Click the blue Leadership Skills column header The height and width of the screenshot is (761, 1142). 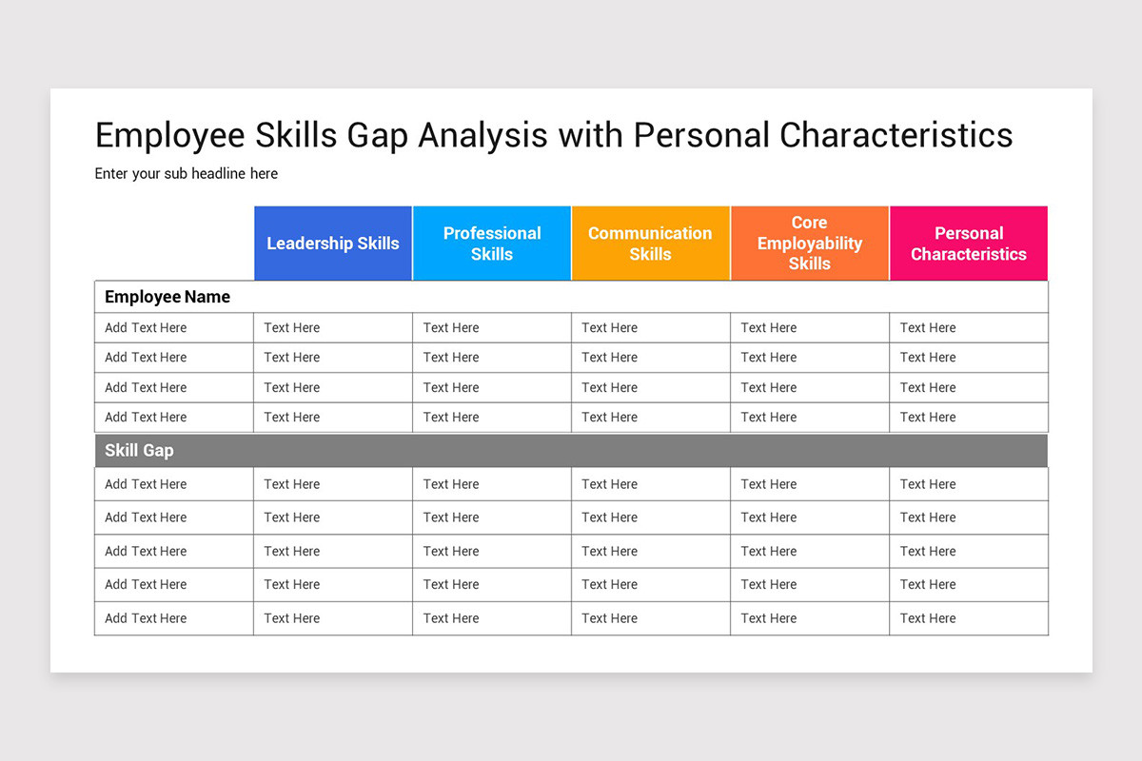click(333, 244)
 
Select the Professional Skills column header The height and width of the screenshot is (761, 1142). click(492, 244)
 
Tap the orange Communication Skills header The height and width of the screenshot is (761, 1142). click(650, 244)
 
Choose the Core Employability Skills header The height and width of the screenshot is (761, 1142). click(809, 244)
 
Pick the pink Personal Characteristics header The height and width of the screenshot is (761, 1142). click(968, 244)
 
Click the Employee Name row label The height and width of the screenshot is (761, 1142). click(167, 297)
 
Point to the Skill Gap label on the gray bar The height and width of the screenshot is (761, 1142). click(139, 451)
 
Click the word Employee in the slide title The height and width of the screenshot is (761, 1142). click(168, 136)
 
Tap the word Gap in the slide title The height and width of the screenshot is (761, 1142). click(377, 136)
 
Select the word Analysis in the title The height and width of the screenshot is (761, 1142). click(482, 136)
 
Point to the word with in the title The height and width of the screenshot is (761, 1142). click(590, 136)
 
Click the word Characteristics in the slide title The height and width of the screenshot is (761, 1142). click(896, 136)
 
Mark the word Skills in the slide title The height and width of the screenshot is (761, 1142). click(295, 136)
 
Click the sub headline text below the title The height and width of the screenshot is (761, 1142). click(187, 173)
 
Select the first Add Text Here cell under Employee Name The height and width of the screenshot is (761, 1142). click(146, 328)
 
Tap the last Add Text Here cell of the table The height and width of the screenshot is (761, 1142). click(146, 618)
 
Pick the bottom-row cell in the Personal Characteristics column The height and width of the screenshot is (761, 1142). click(928, 618)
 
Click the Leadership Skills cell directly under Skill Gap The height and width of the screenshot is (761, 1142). click(292, 484)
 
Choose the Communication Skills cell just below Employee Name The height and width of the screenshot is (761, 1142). click(610, 328)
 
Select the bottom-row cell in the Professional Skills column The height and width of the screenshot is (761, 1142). click(451, 618)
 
